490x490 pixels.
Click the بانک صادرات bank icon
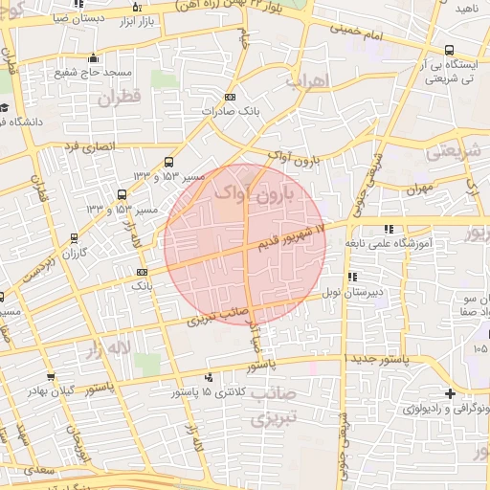(x=230, y=97)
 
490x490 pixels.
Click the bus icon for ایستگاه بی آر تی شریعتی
(x=448, y=51)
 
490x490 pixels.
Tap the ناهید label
(x=467, y=9)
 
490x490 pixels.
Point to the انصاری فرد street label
(x=88, y=147)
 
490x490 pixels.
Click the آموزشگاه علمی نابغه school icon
(x=388, y=230)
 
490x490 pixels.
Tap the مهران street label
(x=418, y=188)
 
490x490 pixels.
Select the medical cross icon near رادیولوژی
(x=450, y=394)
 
